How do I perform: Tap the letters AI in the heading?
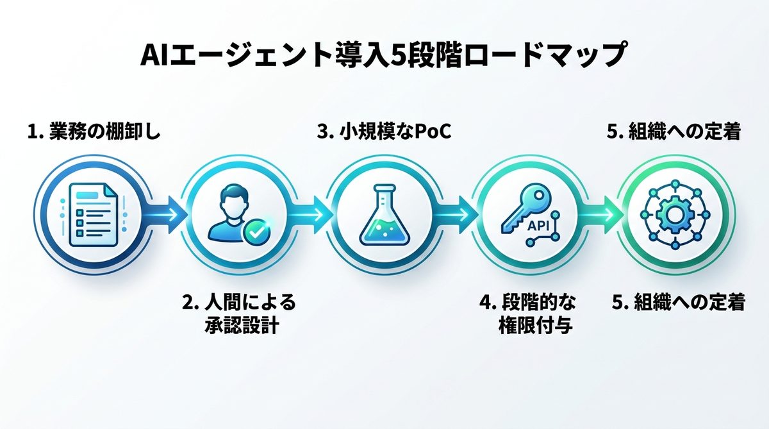click(x=155, y=56)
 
